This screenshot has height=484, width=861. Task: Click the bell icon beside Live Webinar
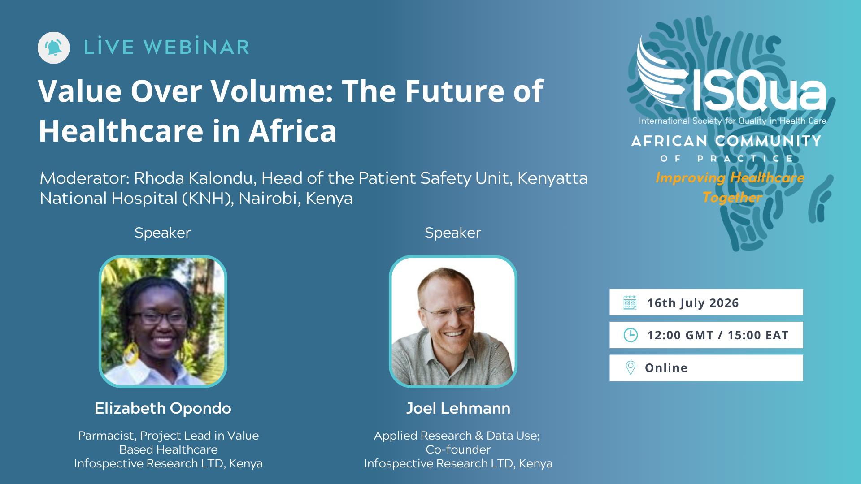(x=54, y=48)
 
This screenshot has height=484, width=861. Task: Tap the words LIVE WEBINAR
(x=167, y=47)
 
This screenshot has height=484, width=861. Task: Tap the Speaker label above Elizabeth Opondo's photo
(x=163, y=233)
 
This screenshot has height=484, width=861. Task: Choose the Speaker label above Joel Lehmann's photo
(x=453, y=233)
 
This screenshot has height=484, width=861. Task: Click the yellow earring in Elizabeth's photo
(x=130, y=354)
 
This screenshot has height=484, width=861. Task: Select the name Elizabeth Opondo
(x=163, y=408)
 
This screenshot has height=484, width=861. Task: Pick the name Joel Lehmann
(x=458, y=408)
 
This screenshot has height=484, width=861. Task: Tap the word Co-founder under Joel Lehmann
(x=458, y=449)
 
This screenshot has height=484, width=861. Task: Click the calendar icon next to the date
(x=630, y=302)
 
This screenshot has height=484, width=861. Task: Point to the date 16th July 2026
(x=693, y=303)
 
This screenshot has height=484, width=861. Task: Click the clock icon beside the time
(x=631, y=335)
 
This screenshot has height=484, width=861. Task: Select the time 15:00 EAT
(x=758, y=335)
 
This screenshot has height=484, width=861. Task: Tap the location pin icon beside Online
(x=631, y=368)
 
